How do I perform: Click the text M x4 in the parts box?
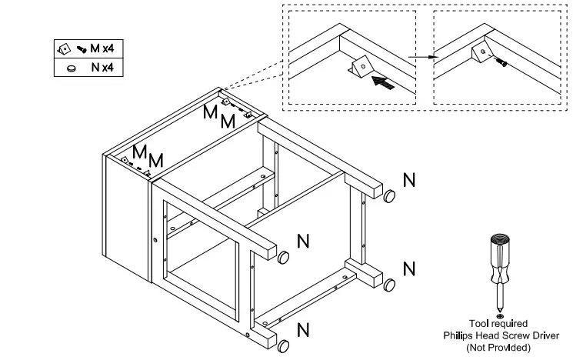tap(102, 48)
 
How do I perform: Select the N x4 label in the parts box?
tap(103, 67)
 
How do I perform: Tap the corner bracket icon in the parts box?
tap(64, 49)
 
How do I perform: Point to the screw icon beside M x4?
tap(82, 49)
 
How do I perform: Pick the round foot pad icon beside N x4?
tap(72, 68)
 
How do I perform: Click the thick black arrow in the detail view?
tap(383, 82)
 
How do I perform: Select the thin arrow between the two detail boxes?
tap(423, 57)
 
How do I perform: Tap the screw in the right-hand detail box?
tap(502, 63)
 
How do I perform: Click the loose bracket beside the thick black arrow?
tap(361, 66)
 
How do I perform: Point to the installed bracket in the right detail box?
tap(481, 53)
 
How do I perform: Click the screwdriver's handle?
tap(499, 258)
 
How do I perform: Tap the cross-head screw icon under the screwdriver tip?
tap(500, 315)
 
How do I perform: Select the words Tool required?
tap(498, 323)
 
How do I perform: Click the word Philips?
tap(456, 335)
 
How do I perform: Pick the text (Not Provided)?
tap(498, 347)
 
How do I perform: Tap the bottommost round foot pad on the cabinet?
tap(283, 346)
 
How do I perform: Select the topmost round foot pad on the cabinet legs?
tap(389, 196)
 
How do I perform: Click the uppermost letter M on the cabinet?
tap(211, 112)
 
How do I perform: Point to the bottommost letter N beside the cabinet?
tap(303, 330)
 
